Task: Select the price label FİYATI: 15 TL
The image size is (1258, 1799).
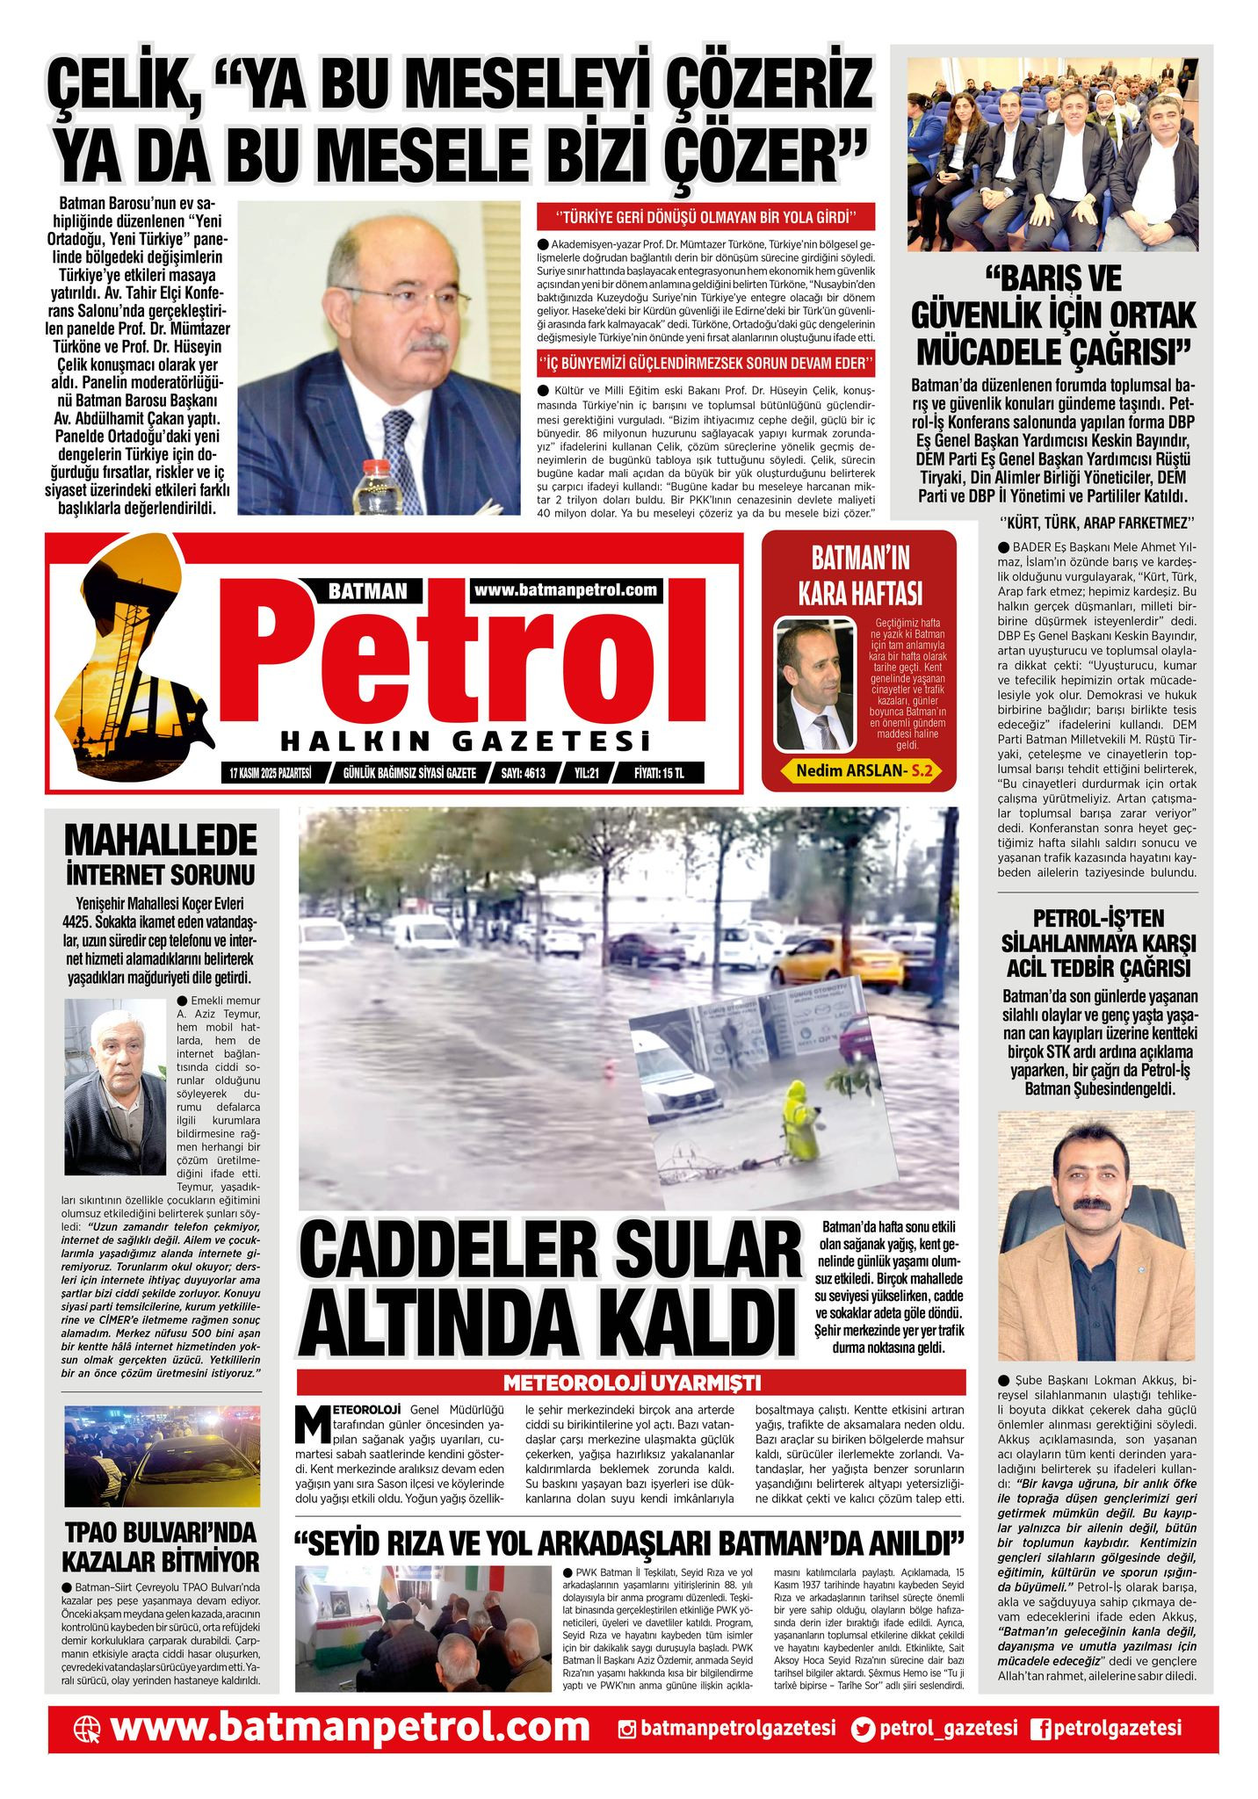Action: click(x=659, y=773)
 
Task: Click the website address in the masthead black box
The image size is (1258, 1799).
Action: click(x=567, y=589)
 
